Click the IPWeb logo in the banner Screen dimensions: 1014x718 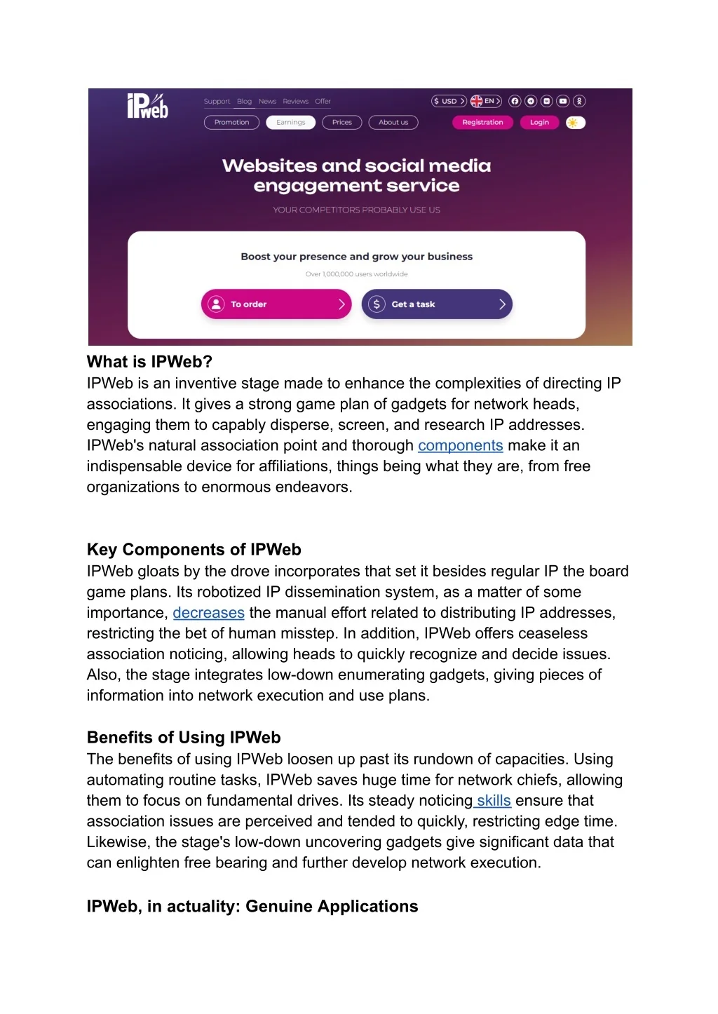(x=147, y=106)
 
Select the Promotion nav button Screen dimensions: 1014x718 (x=231, y=123)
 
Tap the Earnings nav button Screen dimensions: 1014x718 (x=290, y=123)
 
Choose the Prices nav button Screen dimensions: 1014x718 (x=341, y=123)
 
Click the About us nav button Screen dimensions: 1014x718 (x=393, y=123)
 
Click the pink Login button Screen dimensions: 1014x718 (x=539, y=123)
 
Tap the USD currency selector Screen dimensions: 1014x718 (x=449, y=101)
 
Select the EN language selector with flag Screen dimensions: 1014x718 (x=486, y=101)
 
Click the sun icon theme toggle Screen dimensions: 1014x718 (x=575, y=123)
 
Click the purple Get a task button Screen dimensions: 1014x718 (x=437, y=304)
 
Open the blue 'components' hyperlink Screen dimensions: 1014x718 (x=460, y=446)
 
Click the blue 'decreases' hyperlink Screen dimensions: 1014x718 (x=208, y=613)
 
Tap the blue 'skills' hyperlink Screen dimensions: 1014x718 (x=494, y=801)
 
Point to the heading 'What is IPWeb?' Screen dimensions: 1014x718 (x=149, y=362)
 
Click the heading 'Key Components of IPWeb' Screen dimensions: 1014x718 (x=194, y=550)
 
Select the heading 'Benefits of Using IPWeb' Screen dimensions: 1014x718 (x=184, y=738)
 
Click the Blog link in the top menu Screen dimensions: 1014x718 (x=244, y=102)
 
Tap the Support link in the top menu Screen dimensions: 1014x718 (x=217, y=102)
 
